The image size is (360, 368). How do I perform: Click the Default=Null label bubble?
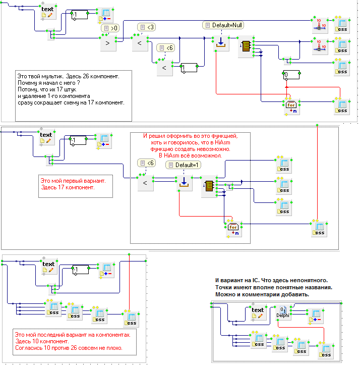[223, 25]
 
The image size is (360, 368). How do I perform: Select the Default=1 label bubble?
[184, 165]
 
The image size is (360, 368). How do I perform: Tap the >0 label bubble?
[110, 28]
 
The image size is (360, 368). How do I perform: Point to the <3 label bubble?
[147, 27]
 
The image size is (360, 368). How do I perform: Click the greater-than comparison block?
[108, 43]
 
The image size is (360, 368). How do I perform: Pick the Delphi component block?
[283, 312]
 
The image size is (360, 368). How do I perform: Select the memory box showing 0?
[291, 75]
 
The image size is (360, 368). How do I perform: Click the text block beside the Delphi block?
[258, 312]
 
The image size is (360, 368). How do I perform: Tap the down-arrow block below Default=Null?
[221, 43]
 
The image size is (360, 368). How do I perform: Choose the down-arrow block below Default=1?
[184, 183]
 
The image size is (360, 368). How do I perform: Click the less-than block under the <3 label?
[140, 43]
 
